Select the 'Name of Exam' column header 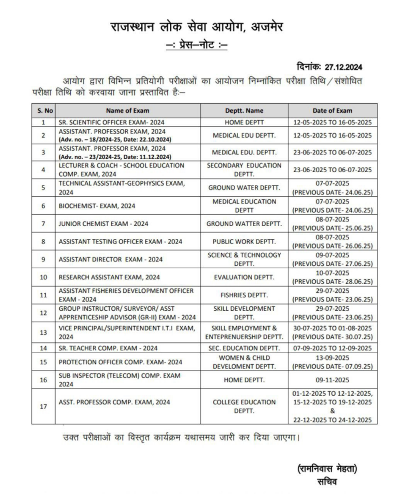click(x=125, y=110)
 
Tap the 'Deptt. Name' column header click(x=244, y=110)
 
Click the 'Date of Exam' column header click(x=333, y=110)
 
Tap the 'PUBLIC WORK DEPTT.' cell click(x=244, y=241)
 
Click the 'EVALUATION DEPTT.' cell click(x=244, y=277)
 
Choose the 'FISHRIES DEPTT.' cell click(x=244, y=295)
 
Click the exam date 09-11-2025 click(x=333, y=380)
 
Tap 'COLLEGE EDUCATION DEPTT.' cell click(x=244, y=406)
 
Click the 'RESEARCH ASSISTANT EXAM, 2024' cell click(x=109, y=277)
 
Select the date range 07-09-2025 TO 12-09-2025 click(x=333, y=348)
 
